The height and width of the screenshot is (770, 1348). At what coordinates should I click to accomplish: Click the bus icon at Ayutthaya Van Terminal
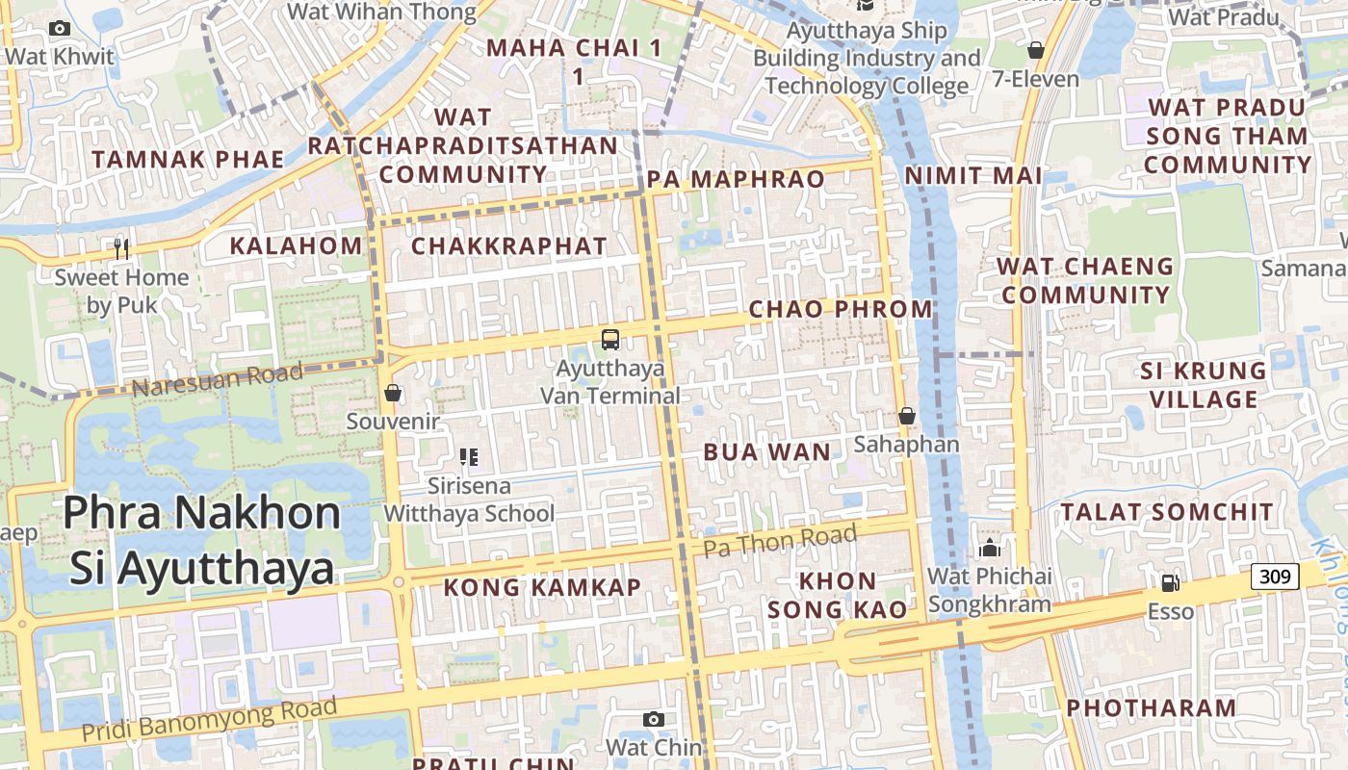pos(610,339)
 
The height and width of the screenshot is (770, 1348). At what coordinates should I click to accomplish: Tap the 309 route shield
pos(1275,577)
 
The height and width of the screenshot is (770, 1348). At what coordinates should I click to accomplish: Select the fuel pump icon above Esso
pos(1170,582)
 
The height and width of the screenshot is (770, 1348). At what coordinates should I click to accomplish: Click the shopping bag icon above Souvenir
pos(393,393)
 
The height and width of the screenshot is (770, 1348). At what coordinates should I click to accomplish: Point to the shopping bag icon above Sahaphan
pos(906,416)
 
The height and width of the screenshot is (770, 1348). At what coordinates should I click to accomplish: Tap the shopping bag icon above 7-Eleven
pos(1036,49)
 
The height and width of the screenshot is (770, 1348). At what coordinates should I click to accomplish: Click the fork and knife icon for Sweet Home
pos(121,249)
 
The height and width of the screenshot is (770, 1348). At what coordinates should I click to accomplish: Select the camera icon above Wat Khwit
pos(60,29)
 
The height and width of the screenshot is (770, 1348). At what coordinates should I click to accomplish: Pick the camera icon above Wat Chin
pos(654,719)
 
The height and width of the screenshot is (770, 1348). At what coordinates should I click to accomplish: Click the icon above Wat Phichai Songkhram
pos(989,549)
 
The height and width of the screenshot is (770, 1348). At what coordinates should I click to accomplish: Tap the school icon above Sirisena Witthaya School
pos(469,457)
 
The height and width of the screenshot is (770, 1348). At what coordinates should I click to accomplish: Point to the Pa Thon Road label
pos(779,541)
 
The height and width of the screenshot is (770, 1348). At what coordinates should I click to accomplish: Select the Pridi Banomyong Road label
pos(209,719)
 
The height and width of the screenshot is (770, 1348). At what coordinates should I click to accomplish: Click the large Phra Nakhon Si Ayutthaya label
pos(202,540)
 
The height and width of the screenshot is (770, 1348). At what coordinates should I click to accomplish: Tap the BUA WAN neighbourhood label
pos(766,452)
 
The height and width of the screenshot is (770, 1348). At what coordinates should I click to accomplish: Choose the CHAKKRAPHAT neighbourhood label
pos(509,246)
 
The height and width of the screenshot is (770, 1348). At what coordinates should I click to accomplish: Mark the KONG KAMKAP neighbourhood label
pos(542,587)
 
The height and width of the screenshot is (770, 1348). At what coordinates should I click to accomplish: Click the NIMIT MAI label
pos(973,176)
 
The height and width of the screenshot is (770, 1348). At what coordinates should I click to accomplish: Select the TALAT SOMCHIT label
pos(1167,512)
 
